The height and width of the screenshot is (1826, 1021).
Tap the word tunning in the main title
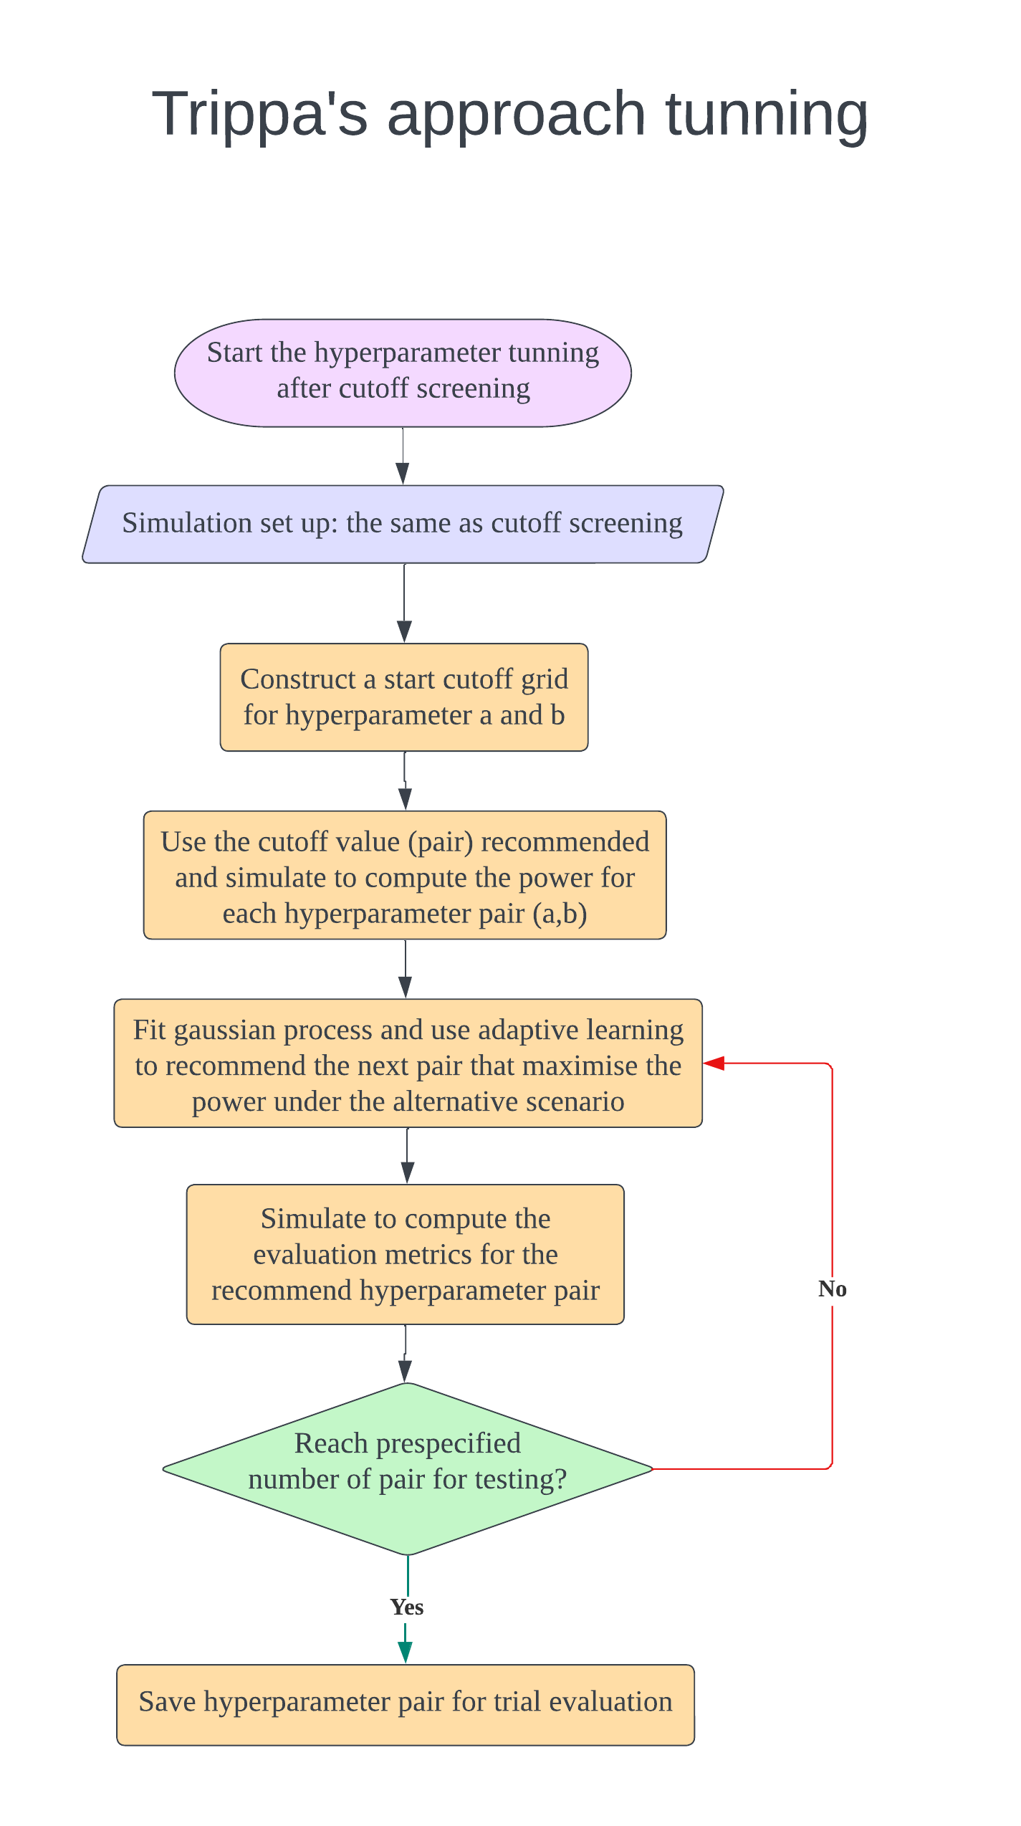point(767,115)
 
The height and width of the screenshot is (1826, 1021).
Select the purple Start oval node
point(403,373)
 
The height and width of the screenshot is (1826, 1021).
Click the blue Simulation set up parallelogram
point(403,524)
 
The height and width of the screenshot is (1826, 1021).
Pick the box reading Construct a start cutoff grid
point(404,697)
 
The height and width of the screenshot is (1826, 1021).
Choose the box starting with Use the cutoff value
point(405,875)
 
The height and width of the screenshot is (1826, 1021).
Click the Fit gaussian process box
point(408,1063)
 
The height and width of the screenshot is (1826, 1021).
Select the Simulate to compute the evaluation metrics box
point(405,1254)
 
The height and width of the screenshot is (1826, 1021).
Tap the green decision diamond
point(408,1469)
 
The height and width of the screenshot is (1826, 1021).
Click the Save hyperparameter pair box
point(406,1705)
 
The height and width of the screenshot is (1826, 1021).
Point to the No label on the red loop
point(833,1289)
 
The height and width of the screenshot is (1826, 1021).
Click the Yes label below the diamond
point(407,1607)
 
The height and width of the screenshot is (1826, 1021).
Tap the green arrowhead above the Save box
point(406,1652)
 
